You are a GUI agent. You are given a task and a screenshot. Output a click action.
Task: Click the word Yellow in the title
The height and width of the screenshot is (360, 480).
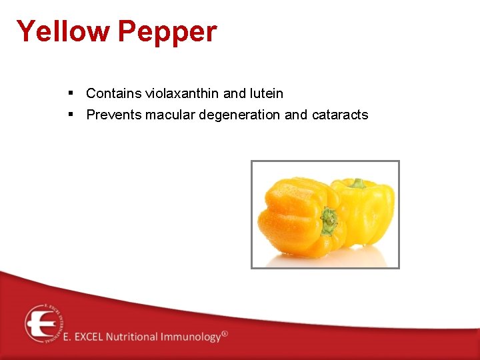pos(63,31)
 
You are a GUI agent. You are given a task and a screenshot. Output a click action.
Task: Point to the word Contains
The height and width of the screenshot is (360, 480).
pos(114,94)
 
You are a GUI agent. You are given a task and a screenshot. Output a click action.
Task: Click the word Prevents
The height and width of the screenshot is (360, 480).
pos(114,115)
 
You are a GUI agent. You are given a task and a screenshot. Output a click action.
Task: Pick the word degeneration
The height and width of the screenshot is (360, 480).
pos(239,115)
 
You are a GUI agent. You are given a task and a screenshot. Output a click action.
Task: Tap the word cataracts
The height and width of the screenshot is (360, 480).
pos(339,115)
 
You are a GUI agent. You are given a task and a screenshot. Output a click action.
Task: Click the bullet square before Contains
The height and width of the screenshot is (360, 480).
pos(71,93)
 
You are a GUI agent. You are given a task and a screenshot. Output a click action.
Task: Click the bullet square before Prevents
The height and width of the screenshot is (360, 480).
pos(71,114)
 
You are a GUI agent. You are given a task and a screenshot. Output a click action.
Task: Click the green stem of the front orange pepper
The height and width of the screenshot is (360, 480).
pos(328,221)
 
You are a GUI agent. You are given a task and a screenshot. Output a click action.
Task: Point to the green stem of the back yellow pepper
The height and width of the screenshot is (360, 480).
pos(358,183)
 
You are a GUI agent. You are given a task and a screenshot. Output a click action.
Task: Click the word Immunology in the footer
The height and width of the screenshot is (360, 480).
pos(190,337)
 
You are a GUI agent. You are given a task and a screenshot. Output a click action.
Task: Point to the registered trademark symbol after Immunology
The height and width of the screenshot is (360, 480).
pos(225,333)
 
